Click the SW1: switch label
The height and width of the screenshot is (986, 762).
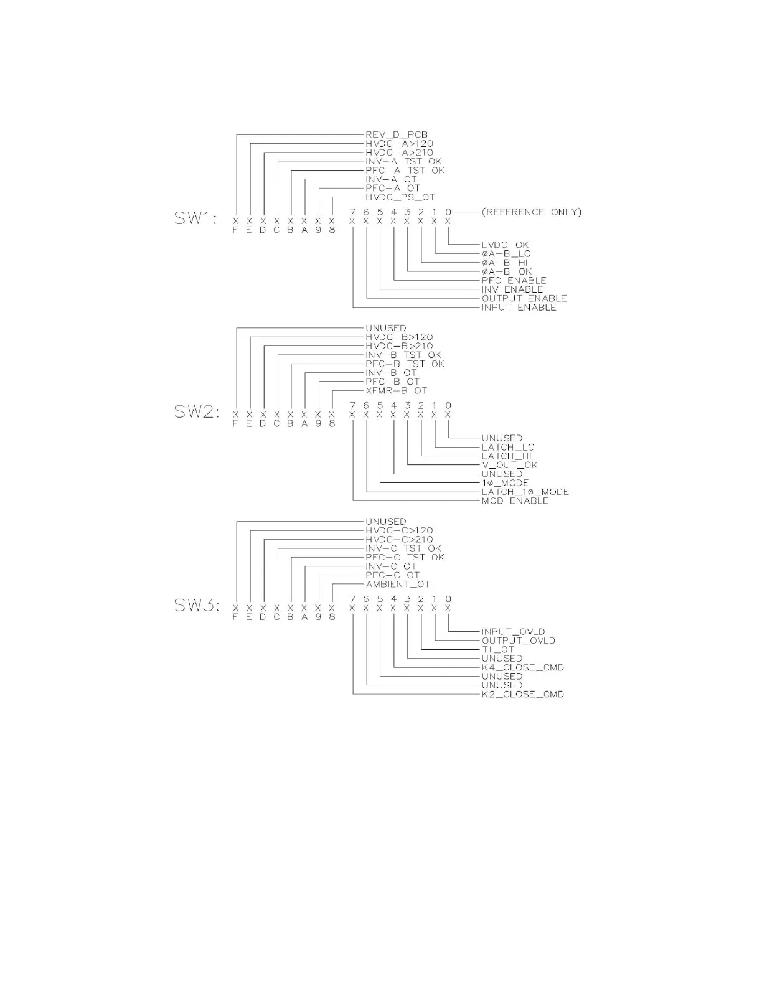click(196, 218)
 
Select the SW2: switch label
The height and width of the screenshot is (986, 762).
click(196, 412)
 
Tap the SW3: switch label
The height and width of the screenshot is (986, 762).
click(196, 606)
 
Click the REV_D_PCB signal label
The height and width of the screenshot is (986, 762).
click(397, 134)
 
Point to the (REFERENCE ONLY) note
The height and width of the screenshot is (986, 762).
click(531, 212)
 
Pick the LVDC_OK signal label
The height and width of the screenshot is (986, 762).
click(505, 245)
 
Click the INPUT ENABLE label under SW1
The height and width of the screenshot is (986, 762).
click(519, 308)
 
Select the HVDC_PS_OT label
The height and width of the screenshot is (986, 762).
click(400, 197)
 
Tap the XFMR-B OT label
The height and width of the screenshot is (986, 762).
click(397, 391)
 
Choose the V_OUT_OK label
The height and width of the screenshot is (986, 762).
click(509, 465)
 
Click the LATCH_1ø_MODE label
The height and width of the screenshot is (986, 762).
click(525, 492)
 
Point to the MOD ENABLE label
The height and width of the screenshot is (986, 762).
click(515, 501)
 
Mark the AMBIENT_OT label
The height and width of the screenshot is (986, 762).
click(398, 585)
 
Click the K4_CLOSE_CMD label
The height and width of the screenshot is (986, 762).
click(522, 668)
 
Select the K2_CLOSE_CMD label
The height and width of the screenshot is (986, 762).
click(522, 695)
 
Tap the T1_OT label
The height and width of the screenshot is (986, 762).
click(498, 650)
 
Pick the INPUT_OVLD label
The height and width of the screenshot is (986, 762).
click(513, 632)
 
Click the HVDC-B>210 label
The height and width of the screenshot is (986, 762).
click(399, 346)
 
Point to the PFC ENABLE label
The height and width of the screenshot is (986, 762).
click(514, 281)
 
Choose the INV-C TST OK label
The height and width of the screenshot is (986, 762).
click(403, 548)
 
